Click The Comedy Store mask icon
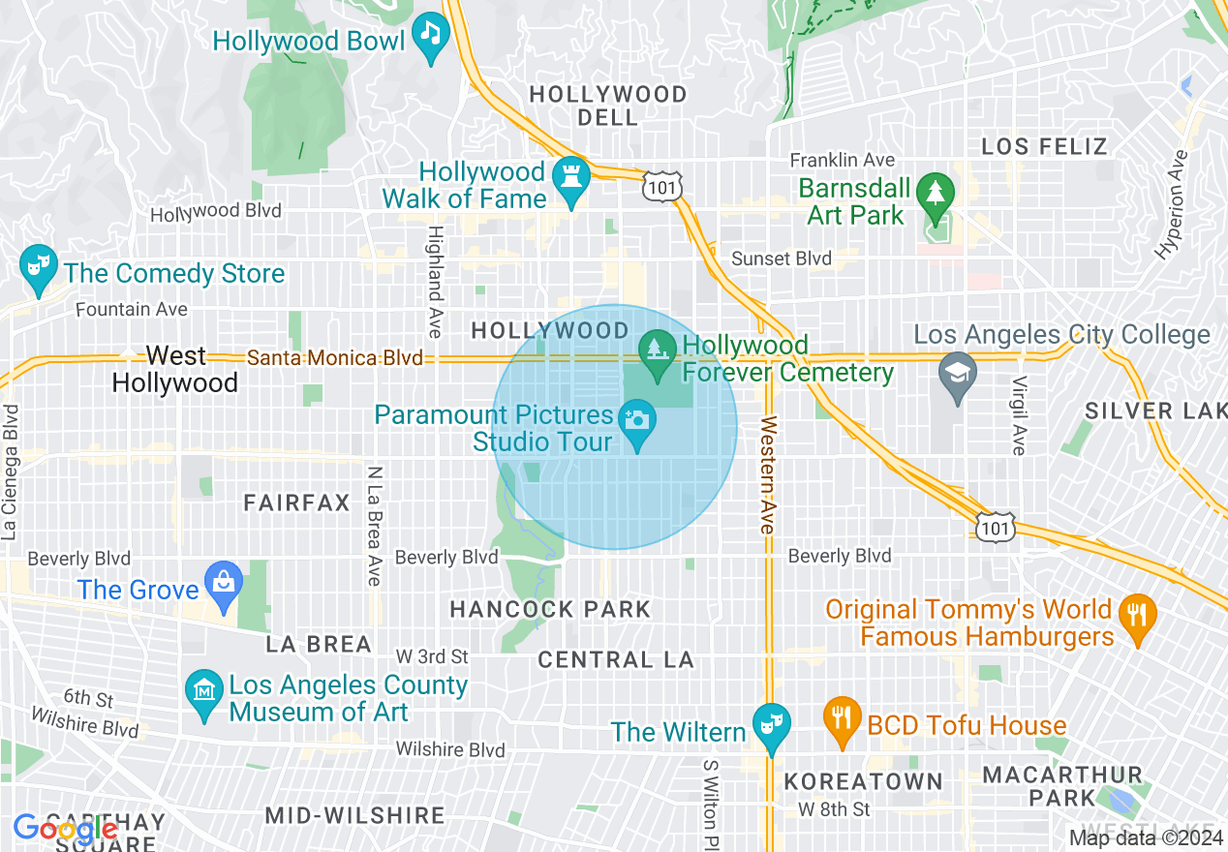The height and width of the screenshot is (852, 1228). click(x=38, y=268)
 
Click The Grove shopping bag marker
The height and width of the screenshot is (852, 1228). click(x=224, y=585)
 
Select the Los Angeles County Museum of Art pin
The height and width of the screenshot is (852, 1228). click(x=203, y=694)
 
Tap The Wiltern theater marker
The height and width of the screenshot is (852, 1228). click(x=772, y=726)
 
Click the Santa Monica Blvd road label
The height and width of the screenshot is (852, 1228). click(x=335, y=358)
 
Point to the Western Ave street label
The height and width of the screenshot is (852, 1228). click(x=768, y=474)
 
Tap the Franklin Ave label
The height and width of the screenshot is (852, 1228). click(x=842, y=160)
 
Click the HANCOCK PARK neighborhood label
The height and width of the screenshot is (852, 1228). click(x=550, y=609)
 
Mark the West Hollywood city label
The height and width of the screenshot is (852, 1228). click(x=175, y=369)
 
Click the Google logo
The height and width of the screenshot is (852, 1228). click(x=64, y=829)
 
